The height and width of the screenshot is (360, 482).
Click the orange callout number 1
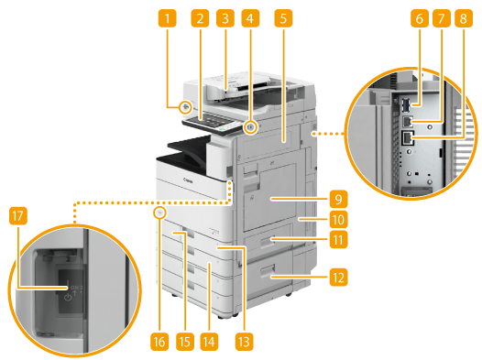[167, 18]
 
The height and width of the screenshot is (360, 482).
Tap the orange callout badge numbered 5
[283, 18]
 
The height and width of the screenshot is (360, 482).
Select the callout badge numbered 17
[18, 215]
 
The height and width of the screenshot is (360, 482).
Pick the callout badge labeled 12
[338, 278]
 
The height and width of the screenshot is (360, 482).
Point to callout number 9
[338, 199]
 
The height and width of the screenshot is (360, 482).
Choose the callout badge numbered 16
[159, 342]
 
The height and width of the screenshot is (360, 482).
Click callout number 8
[464, 18]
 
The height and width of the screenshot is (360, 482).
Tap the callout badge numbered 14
[209, 342]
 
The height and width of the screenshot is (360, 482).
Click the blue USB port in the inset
[406, 105]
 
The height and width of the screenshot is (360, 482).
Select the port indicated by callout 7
[407, 122]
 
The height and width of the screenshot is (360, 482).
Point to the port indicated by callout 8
[408, 138]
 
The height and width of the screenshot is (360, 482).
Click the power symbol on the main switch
[68, 297]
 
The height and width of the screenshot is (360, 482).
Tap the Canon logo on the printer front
[188, 180]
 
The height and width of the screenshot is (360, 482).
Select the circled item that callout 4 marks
[251, 126]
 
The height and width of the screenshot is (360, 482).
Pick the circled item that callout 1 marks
[185, 107]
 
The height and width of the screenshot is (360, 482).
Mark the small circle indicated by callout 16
[159, 213]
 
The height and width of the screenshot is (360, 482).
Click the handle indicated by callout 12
[267, 272]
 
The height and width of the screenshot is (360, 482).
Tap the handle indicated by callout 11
[268, 243]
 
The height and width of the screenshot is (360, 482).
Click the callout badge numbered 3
[225, 18]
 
